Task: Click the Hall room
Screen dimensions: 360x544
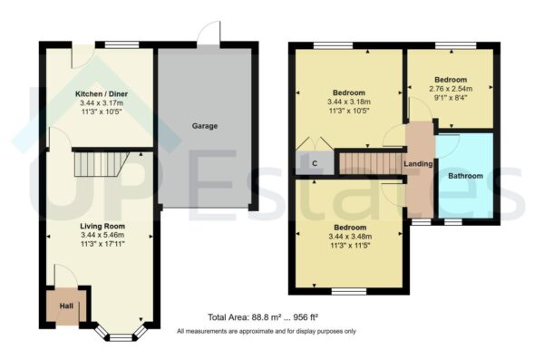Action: coord(67,306)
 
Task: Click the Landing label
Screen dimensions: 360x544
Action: coord(418,164)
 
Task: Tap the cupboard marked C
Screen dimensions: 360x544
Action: coord(314,164)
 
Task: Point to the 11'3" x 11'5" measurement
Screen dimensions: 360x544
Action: coord(349,245)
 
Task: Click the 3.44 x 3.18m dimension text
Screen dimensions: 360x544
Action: coord(349,102)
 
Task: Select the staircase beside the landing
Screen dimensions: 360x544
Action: coord(370,163)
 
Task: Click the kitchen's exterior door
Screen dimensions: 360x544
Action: coord(80,53)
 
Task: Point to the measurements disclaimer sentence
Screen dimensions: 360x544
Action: coord(267,331)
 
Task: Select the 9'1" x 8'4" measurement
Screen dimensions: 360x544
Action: coord(451,100)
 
